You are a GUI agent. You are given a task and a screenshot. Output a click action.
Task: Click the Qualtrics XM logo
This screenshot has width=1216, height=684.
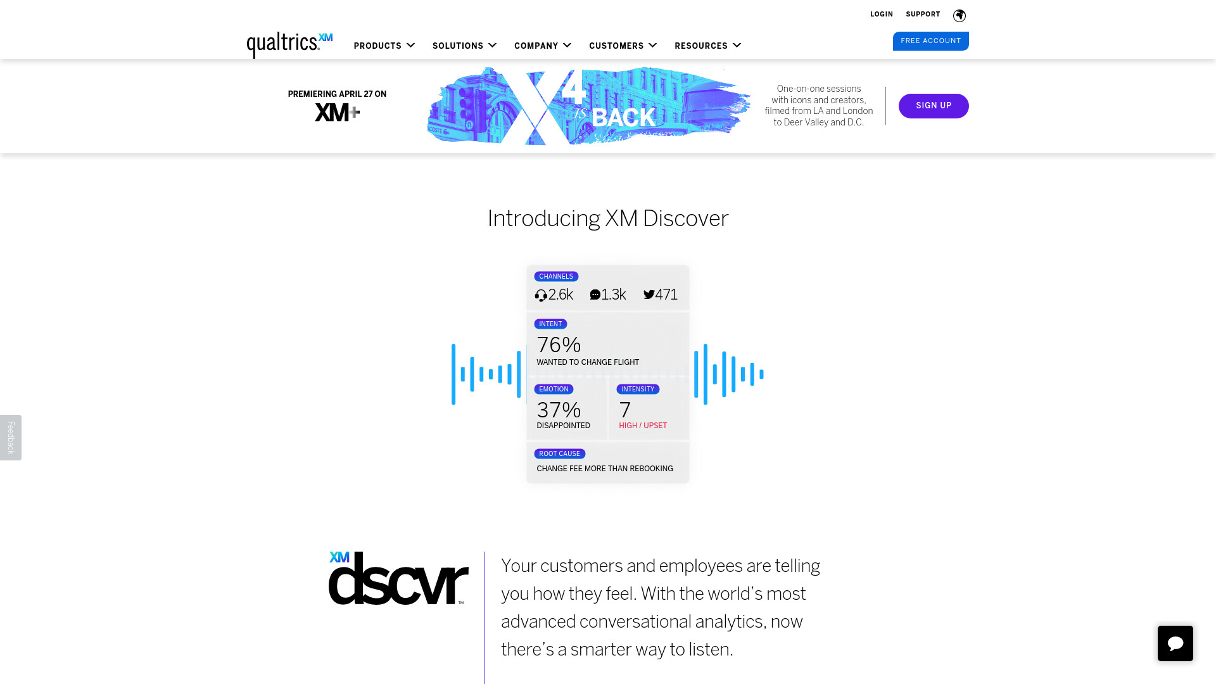[x=289, y=45]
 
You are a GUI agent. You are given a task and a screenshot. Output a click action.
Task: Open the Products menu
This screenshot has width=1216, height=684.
[x=384, y=46]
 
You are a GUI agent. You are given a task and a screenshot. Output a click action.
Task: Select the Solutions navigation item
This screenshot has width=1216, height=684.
[x=464, y=46]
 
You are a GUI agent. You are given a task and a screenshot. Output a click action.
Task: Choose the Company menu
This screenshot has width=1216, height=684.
[x=543, y=46]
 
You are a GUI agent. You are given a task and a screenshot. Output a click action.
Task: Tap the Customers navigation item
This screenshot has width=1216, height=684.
[x=623, y=46]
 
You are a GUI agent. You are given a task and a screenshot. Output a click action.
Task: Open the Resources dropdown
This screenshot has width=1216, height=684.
[x=707, y=46]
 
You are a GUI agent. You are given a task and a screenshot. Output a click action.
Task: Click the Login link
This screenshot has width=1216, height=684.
[x=881, y=14]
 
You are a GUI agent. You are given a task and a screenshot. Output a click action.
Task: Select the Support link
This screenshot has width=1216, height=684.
[x=923, y=14]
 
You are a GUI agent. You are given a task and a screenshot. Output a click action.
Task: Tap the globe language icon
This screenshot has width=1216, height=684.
[x=959, y=15]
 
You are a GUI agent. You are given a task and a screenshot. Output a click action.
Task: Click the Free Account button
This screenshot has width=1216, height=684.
[x=930, y=41]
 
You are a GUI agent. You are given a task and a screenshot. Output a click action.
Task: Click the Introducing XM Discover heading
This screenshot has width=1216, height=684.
[x=608, y=218]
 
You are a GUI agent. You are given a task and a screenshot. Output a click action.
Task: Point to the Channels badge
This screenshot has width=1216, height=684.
[x=556, y=276]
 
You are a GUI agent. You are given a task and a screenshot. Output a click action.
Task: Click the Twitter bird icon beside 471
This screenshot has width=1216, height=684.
[x=649, y=294]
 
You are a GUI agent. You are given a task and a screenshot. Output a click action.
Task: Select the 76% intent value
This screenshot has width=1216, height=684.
[x=559, y=345]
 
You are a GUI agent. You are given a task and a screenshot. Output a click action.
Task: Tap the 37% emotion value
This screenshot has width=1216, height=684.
[x=559, y=410]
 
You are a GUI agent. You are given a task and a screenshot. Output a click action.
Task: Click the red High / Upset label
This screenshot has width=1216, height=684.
[x=643, y=426]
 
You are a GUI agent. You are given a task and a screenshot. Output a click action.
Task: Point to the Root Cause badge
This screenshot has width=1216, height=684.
[x=559, y=453]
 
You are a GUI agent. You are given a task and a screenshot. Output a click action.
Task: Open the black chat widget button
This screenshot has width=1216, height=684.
[x=1175, y=643]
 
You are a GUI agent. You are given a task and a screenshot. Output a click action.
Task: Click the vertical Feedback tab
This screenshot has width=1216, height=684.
[x=11, y=438]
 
